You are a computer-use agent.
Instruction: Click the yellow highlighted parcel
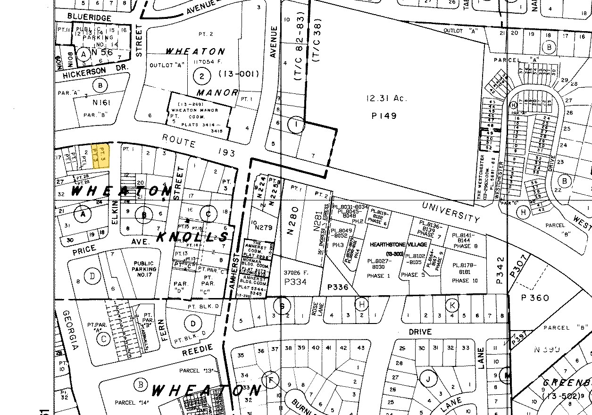(100, 157)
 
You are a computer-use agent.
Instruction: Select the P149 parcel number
(384, 116)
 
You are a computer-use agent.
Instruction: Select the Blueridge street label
(89, 17)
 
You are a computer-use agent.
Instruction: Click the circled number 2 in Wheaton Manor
(202, 76)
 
